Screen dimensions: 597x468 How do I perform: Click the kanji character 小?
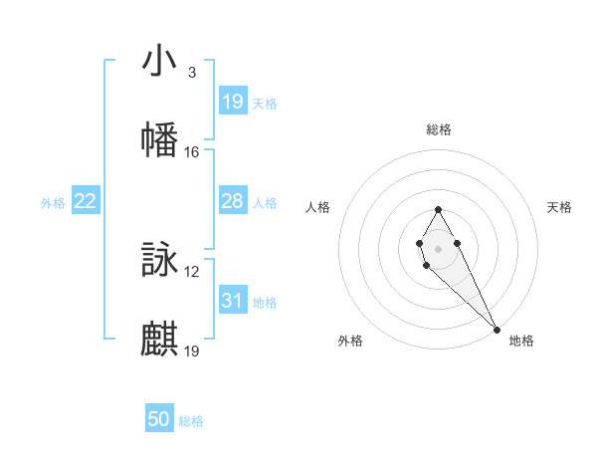coord(159,62)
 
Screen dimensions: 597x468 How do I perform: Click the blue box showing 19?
coord(233,102)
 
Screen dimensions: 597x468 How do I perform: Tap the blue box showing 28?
coord(233,201)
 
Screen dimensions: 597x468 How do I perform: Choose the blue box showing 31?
coord(233,301)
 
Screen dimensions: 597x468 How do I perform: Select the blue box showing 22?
coord(86,201)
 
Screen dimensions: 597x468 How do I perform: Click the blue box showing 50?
coord(159,419)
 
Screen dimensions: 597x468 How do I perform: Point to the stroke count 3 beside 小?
coord(191,73)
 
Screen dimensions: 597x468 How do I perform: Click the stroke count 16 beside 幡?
coord(192,152)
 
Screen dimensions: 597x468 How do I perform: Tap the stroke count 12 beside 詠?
coord(192,272)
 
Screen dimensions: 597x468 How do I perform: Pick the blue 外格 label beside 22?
coord(53,203)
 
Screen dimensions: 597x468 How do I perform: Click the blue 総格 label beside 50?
coord(191,421)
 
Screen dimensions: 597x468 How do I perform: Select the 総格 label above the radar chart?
coord(439,129)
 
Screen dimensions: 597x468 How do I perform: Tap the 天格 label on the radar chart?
coord(559,207)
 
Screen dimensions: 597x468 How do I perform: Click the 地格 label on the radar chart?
coord(521,341)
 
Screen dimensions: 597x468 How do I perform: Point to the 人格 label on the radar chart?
coord(317,207)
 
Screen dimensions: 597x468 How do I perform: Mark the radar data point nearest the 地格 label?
coord(497,329)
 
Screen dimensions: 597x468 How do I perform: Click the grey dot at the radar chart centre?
coord(438,246)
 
